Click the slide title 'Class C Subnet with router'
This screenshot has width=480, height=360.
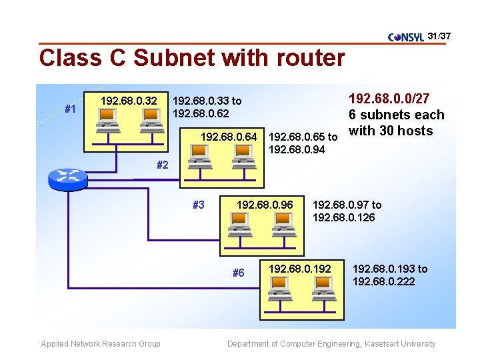point(192,58)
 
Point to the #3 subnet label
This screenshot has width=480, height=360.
point(198,205)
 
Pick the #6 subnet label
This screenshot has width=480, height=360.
point(238,273)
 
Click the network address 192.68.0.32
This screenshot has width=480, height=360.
point(129,101)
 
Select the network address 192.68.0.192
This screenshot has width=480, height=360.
point(299,269)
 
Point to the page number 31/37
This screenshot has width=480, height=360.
point(439,35)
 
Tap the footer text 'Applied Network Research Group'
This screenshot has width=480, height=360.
point(101,344)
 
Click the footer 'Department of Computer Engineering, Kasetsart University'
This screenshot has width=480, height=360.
point(331,344)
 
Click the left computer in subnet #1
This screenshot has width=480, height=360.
point(107,119)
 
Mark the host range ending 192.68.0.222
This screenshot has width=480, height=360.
point(390,275)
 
